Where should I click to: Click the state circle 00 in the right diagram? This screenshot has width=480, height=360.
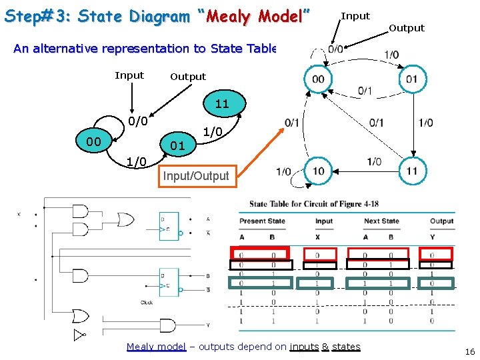coord(319,79)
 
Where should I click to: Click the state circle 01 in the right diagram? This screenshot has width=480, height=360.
coord(412,79)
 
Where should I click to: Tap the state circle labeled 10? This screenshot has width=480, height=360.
coord(319,171)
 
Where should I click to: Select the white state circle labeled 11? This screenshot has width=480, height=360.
coord(412,171)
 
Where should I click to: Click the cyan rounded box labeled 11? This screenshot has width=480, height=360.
coord(222,104)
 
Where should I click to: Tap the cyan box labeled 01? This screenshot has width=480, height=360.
coord(177,145)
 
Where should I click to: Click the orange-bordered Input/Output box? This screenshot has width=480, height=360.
coord(196,176)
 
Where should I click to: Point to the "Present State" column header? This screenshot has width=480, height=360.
coord(262,221)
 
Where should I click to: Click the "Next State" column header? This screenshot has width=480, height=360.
coord(381,221)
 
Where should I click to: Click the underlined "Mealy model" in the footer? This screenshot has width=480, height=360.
coord(156,347)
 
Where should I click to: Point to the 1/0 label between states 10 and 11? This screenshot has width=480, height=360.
coord(374,162)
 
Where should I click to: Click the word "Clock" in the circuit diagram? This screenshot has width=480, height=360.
coord(147,302)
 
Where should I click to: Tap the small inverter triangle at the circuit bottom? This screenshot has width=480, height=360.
coord(79,335)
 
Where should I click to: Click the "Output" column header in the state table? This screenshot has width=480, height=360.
coord(441,221)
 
